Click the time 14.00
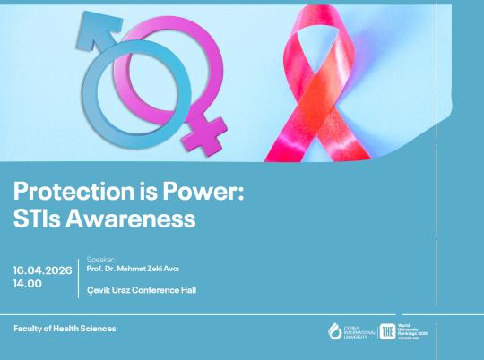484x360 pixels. [x=27, y=283]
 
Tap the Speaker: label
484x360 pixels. [x=99, y=258]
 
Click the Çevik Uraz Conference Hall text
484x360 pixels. [x=142, y=290]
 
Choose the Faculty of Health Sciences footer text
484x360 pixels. [x=65, y=329]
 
